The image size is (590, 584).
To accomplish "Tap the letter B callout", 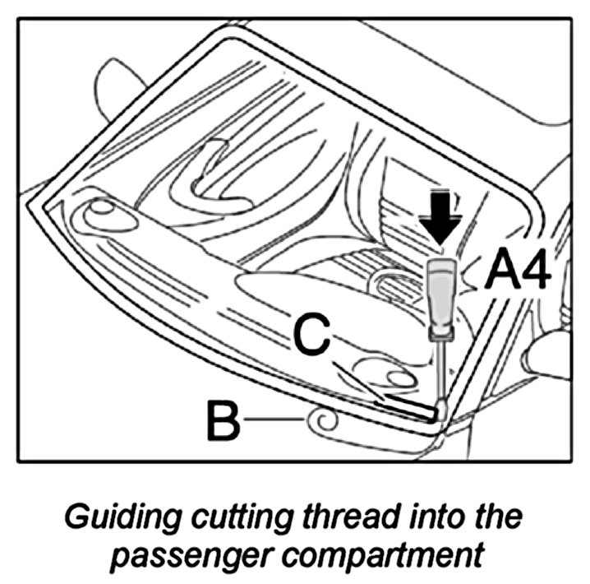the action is pyautogui.click(x=222, y=421).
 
